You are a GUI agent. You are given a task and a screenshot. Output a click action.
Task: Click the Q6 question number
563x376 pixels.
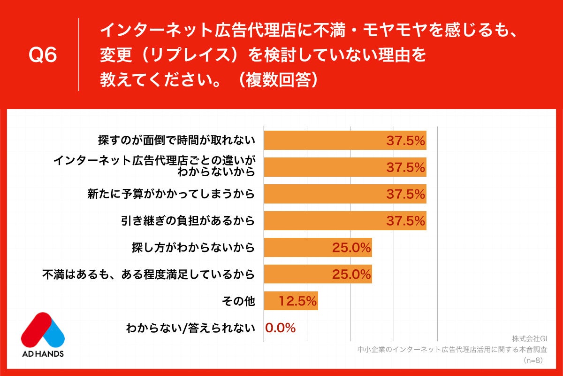(43, 55)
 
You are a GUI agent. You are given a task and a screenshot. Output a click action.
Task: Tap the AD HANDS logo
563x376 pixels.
(43, 334)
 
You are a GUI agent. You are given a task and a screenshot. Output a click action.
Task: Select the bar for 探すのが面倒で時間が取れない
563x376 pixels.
(345, 140)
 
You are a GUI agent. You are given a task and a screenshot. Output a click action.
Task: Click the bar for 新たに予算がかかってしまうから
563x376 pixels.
(345, 194)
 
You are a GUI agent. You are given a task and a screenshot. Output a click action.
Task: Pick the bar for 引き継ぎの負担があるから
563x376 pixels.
(345, 220)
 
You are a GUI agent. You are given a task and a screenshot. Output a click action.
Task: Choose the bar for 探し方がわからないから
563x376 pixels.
(318, 247)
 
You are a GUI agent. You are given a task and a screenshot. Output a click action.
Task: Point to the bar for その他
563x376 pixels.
(291, 301)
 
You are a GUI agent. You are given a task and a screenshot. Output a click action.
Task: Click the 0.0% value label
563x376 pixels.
(281, 328)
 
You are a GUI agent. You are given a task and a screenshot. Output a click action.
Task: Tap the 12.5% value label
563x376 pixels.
(298, 301)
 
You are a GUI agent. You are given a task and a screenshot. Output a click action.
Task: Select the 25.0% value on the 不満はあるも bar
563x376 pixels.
(351, 274)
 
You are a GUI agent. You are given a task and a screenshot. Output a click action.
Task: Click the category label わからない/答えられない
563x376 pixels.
(190, 328)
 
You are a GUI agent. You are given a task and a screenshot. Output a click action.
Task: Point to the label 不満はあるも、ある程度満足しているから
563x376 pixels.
(149, 274)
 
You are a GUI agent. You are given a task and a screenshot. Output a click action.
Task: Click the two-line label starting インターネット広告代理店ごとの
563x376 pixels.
(154, 166)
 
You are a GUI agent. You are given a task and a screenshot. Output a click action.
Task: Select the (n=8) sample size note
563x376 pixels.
(533, 360)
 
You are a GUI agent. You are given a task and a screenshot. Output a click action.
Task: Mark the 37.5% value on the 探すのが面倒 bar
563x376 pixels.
(405, 140)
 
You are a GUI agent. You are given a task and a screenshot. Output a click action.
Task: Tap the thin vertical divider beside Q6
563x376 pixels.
(78, 55)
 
